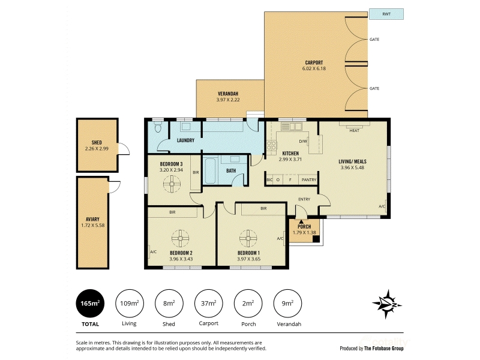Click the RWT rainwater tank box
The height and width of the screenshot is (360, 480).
(x=386, y=14)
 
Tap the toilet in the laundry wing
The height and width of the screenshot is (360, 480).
(x=158, y=127)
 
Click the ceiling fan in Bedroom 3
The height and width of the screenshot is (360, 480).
(x=172, y=184)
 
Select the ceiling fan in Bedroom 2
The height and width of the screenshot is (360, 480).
(x=181, y=238)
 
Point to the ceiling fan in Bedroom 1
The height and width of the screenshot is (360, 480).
(x=248, y=238)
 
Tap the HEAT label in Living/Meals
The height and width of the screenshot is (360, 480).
(x=354, y=131)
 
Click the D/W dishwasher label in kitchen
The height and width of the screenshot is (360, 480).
(x=303, y=142)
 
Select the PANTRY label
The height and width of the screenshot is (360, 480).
(x=309, y=180)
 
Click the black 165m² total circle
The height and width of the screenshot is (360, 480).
(x=90, y=304)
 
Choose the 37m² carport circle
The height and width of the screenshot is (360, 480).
(x=208, y=304)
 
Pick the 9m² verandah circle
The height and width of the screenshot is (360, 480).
(x=287, y=304)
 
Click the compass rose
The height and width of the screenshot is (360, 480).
(x=387, y=304)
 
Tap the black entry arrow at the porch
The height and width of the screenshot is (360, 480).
(x=301, y=221)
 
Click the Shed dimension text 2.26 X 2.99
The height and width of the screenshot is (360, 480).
(x=97, y=149)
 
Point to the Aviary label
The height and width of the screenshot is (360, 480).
(x=92, y=219)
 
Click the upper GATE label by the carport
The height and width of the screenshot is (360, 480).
(x=374, y=40)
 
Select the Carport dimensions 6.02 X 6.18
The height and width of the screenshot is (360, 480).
(x=314, y=68)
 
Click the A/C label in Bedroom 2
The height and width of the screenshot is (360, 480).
(x=154, y=252)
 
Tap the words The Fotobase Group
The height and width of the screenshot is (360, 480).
(x=384, y=349)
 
